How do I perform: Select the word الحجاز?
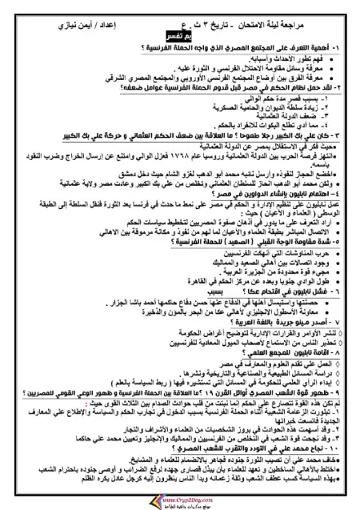coord(301,171)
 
